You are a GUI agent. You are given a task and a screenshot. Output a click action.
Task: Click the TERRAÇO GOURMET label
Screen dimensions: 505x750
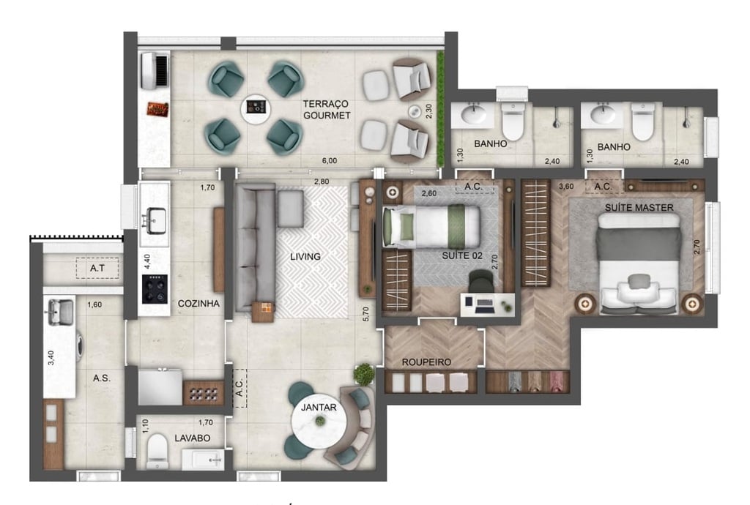pos(327,111)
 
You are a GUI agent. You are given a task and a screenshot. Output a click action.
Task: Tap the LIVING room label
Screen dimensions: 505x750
pos(305,256)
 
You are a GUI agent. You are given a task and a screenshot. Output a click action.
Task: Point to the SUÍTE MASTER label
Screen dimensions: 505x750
pos(639,208)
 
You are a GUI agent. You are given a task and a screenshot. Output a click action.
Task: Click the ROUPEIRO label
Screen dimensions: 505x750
pos(426,362)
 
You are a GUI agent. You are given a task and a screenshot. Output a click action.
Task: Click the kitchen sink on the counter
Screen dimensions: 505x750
pos(155,220)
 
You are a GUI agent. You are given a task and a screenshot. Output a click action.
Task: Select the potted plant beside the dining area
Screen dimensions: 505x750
pos(363,374)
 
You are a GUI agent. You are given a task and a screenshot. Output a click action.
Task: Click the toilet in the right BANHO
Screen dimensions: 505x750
pos(643,122)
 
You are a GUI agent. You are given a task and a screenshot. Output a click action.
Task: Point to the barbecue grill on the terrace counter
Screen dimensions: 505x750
pos(157,109)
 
